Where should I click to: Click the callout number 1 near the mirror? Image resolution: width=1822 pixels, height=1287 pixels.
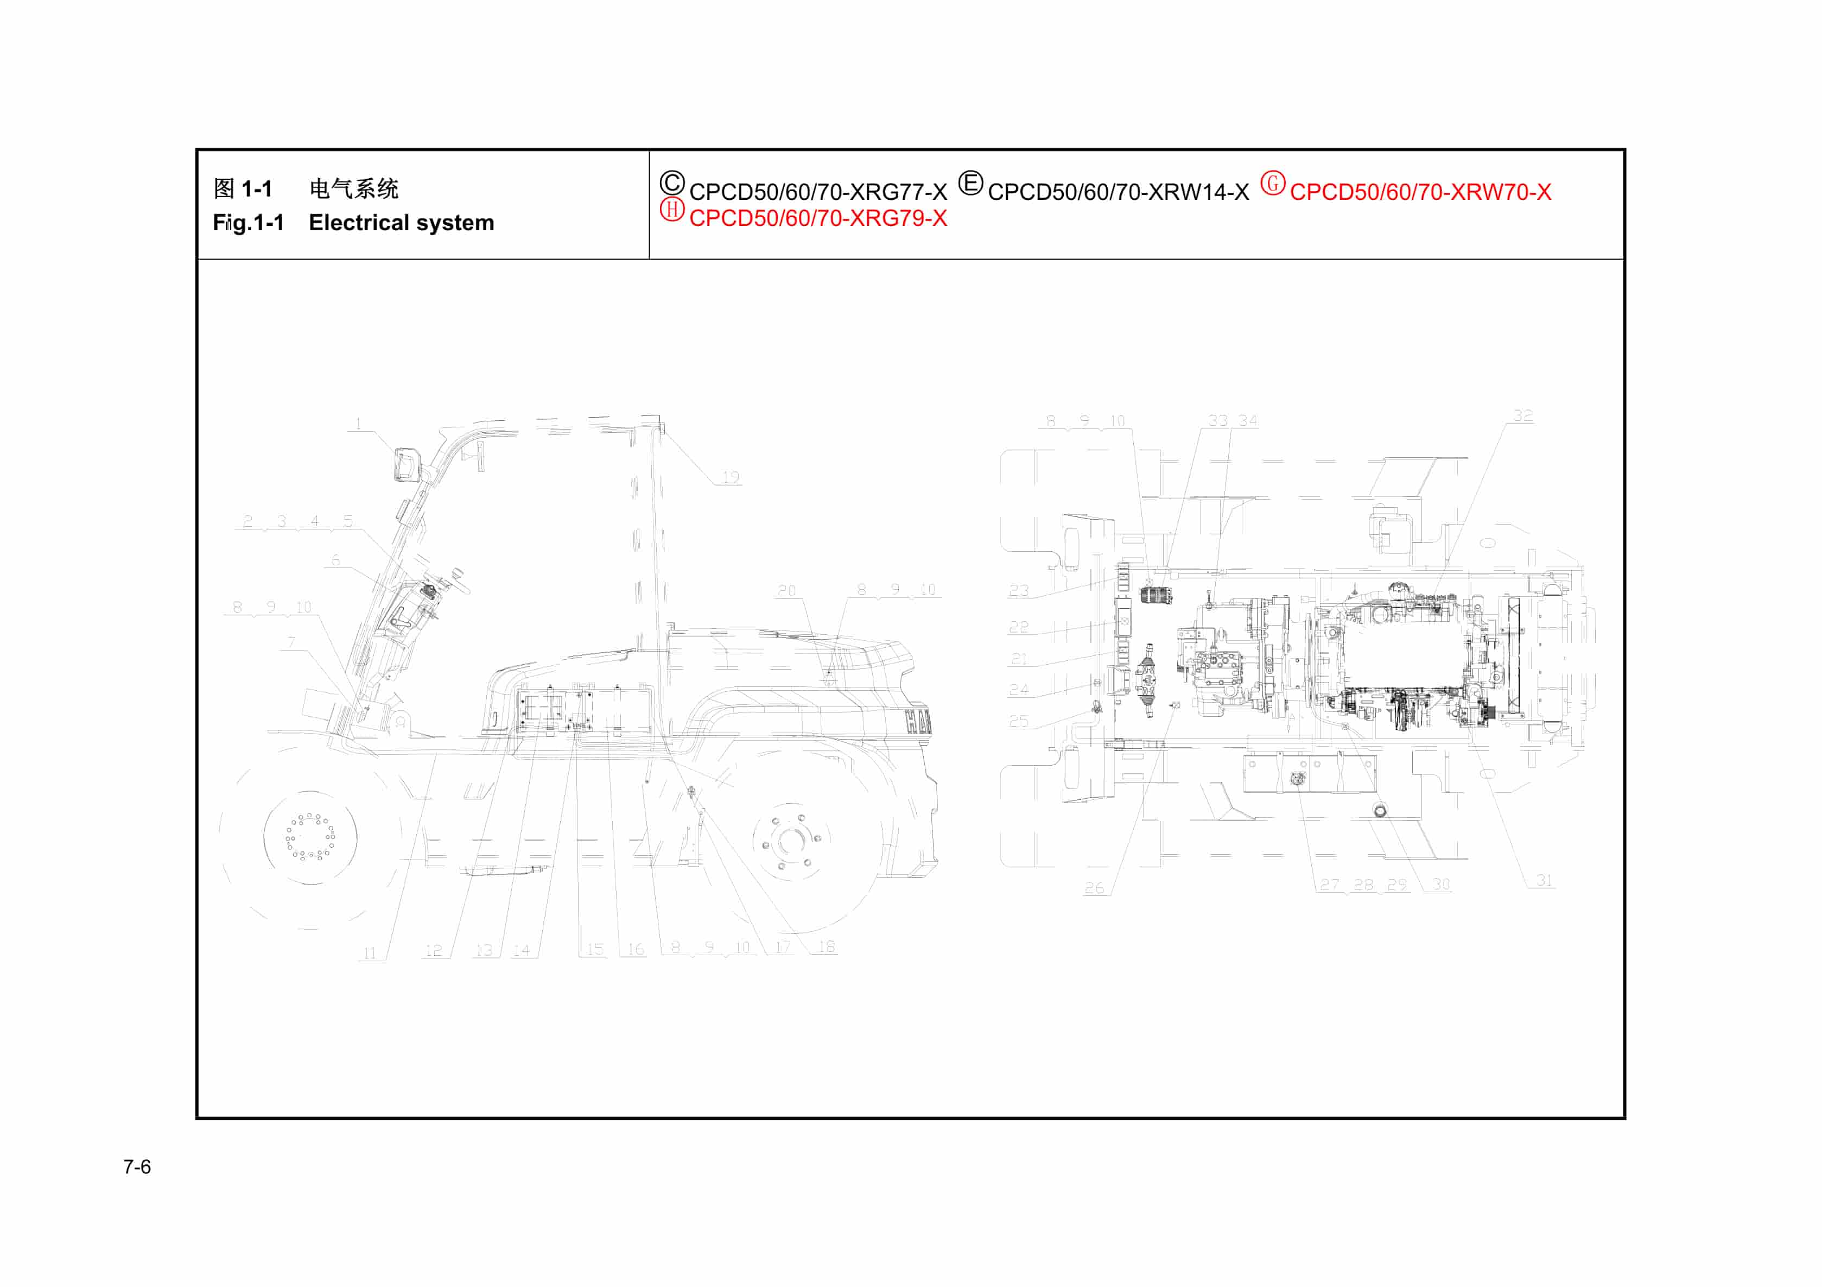coord(358,424)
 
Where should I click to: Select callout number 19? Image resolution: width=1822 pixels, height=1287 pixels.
coord(730,477)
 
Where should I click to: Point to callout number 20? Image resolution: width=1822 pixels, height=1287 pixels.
coord(785,591)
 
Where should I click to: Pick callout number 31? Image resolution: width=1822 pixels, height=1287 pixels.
coord(1544,880)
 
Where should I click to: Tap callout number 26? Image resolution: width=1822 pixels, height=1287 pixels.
coord(1094,888)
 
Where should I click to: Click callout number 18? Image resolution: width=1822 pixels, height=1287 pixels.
coord(826,947)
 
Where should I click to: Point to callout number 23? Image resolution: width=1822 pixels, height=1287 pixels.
coord(1018,591)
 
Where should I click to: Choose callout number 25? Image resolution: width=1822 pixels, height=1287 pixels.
coord(1018,721)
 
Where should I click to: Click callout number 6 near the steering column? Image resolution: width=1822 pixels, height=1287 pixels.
coord(335,560)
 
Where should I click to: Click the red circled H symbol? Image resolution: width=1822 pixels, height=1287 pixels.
coord(671,210)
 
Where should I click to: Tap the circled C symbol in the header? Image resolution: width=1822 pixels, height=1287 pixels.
coord(671,184)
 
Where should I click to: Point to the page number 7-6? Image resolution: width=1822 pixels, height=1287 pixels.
coord(136,1166)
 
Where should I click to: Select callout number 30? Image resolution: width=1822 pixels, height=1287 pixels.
coord(1441,884)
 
